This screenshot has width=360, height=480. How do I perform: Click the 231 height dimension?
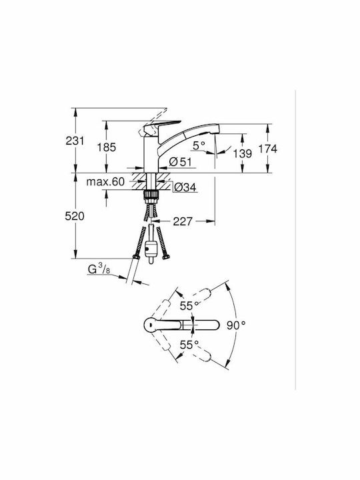tap(75, 141)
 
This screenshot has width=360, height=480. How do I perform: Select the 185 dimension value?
tap(107, 147)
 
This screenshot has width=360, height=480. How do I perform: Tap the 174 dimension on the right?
tap(267, 149)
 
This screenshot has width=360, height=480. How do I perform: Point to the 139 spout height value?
tap(243, 153)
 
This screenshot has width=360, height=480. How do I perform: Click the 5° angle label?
tap(199, 145)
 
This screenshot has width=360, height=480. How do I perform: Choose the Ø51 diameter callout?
tap(180, 161)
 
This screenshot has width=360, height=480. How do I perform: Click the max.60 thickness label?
tap(105, 182)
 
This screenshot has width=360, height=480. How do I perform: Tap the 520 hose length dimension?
tap(75, 217)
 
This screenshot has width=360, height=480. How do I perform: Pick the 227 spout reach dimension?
tap(183, 221)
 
